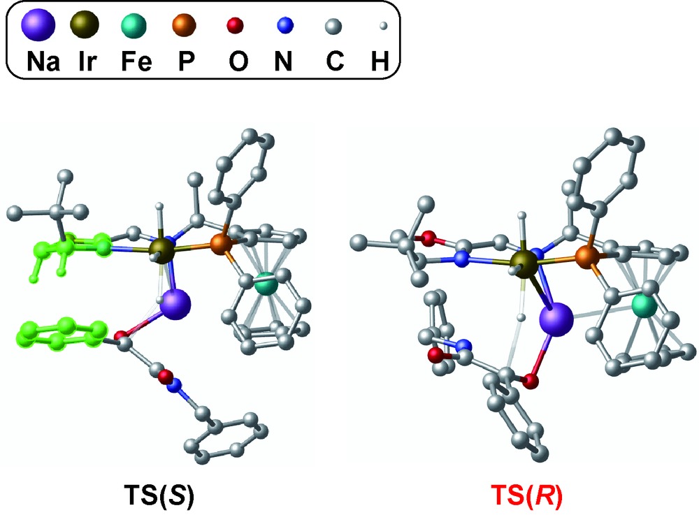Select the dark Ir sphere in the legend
pos(85,24)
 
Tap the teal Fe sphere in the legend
pos(134,25)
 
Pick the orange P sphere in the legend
pos(184,24)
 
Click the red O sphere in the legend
pos(235,25)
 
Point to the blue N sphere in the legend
pos(285,25)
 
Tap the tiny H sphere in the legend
pos(383,27)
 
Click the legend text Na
pos(43,61)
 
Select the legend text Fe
pos(136,61)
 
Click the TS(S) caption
pos(159,495)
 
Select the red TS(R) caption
pos(526,495)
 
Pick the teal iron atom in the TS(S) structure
pos(266,283)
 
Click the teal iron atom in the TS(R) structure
pos(644,305)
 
